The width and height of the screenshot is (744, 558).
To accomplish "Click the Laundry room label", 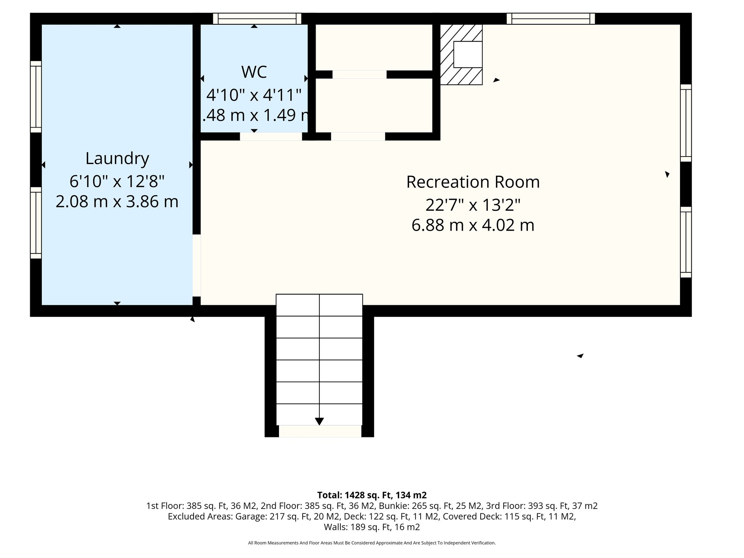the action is [117, 159].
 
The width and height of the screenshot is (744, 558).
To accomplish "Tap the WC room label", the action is [254, 72].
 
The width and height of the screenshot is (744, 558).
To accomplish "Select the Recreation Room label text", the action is [473, 182].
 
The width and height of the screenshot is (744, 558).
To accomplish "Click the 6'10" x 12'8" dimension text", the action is [117, 181].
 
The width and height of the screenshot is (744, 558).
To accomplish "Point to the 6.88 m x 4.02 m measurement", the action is [473, 225].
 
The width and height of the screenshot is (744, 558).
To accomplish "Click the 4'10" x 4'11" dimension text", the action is [254, 95].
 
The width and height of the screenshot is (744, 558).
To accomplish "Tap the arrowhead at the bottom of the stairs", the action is [319, 421].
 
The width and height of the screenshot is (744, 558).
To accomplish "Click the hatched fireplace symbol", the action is [461, 54].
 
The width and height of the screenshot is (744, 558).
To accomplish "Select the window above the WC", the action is [257, 19].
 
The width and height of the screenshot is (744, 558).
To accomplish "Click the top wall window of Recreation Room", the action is [551, 19].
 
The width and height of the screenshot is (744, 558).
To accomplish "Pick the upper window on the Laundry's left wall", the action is [36, 97].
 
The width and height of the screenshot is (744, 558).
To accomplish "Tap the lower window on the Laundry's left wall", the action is [36, 223].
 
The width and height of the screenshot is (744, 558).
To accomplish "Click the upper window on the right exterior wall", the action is [686, 123].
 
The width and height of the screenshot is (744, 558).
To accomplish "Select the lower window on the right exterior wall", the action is [686, 242].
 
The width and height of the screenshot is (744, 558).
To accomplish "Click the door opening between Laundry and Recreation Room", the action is [197, 266].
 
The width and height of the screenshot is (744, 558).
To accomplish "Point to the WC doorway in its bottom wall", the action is [271, 137].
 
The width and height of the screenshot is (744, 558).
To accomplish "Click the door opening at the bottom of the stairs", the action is [320, 431].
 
